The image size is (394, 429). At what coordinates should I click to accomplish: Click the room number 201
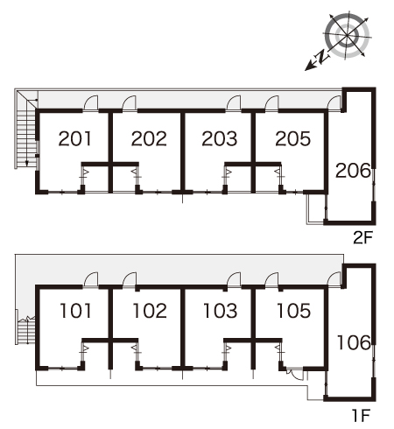click(x=75, y=138)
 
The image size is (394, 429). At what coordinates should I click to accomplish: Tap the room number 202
click(x=149, y=138)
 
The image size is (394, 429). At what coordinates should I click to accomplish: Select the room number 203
click(x=220, y=138)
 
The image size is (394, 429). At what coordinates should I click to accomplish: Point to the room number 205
click(x=293, y=138)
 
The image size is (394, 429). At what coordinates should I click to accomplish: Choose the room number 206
click(x=353, y=171)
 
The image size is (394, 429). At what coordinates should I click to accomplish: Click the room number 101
click(x=75, y=311)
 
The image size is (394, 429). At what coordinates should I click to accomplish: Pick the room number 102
click(x=150, y=311)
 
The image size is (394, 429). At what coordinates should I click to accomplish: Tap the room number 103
click(x=221, y=311)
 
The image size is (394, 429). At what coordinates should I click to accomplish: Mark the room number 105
click(x=294, y=311)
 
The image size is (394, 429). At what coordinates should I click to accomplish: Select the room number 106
click(x=354, y=342)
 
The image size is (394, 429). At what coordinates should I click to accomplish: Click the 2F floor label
click(x=363, y=238)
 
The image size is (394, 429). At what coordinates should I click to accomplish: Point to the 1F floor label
click(x=362, y=416)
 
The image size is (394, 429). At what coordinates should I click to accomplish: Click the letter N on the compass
click(x=321, y=57)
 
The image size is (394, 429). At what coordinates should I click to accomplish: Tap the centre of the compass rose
click(x=347, y=36)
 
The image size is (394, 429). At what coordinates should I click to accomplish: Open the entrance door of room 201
click(x=91, y=103)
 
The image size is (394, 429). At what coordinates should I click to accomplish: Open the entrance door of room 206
click(x=334, y=103)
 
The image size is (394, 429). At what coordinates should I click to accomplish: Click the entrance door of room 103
click(x=234, y=280)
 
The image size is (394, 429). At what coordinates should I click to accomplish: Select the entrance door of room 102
click(x=130, y=280)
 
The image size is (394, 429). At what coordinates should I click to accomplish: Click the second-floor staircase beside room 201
click(x=26, y=130)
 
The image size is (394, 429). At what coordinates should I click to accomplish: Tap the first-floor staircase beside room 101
click(x=25, y=331)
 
